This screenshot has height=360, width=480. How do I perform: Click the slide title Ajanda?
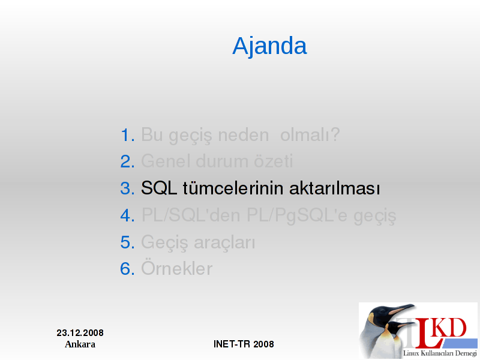point(269,46)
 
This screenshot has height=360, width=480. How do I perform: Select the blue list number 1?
point(127,135)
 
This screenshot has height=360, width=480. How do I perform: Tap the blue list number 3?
point(127,188)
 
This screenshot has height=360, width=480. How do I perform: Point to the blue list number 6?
point(127,269)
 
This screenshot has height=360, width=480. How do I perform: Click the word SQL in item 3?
point(159,188)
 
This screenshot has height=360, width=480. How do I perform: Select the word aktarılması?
point(335,188)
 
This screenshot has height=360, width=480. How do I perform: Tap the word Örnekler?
point(176,268)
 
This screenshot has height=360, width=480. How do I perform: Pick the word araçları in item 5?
point(224,243)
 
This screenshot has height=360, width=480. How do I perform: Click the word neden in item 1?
point(244,134)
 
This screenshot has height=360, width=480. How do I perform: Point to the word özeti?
point(273,161)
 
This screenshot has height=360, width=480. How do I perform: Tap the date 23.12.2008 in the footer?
point(80,333)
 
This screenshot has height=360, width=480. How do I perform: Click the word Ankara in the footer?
point(80,344)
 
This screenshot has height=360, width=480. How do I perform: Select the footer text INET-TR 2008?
point(244,344)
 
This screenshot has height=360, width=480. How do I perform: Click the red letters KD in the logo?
point(450,328)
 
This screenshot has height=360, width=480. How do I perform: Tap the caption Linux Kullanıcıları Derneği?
point(440,353)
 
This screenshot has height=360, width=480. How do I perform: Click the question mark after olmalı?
point(335,134)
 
